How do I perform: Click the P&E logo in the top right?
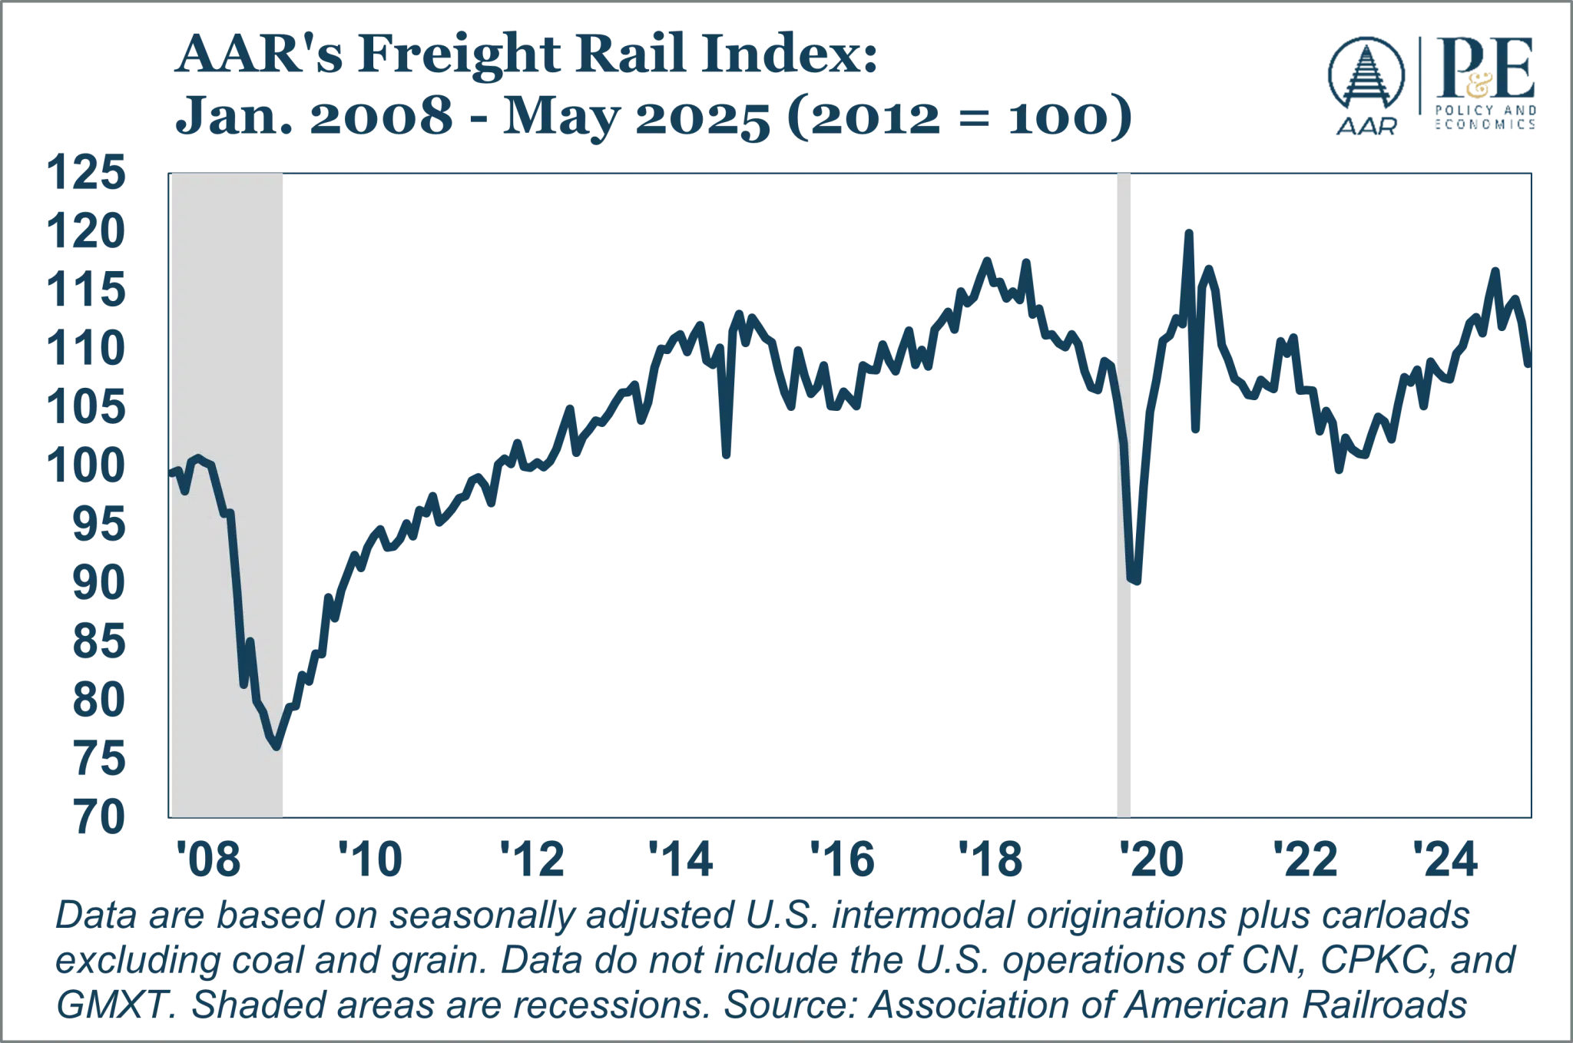tap(1479, 84)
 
